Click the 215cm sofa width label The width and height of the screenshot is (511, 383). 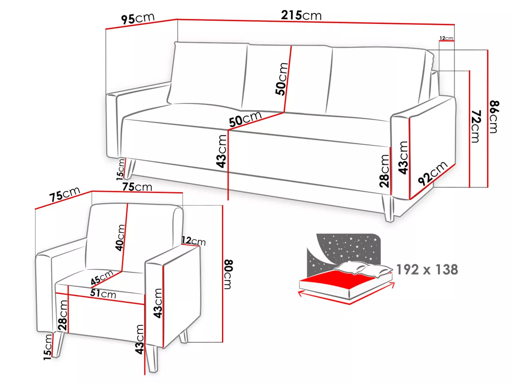tap(301, 15)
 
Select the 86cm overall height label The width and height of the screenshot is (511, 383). tap(493, 117)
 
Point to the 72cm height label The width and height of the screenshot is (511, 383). tap(475, 126)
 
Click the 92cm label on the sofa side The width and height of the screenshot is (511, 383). tap(432, 173)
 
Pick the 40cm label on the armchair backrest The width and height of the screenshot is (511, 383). tap(120, 237)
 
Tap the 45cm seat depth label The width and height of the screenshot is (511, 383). tap(102, 277)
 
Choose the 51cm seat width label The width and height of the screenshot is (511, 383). tap(103, 294)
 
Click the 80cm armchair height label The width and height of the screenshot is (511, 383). tap(228, 274)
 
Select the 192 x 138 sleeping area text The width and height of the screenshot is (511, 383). tap(427, 270)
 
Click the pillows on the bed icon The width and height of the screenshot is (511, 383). tap(362, 268)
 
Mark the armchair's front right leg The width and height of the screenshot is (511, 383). tap(152, 357)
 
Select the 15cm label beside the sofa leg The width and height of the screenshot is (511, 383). tap(120, 170)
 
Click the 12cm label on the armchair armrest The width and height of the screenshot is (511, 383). tap(194, 241)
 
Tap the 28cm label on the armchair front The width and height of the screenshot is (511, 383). tap(63, 315)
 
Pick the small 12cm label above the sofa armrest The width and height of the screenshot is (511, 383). tap(446, 38)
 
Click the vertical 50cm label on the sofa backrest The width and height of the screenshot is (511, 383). tap(281, 79)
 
